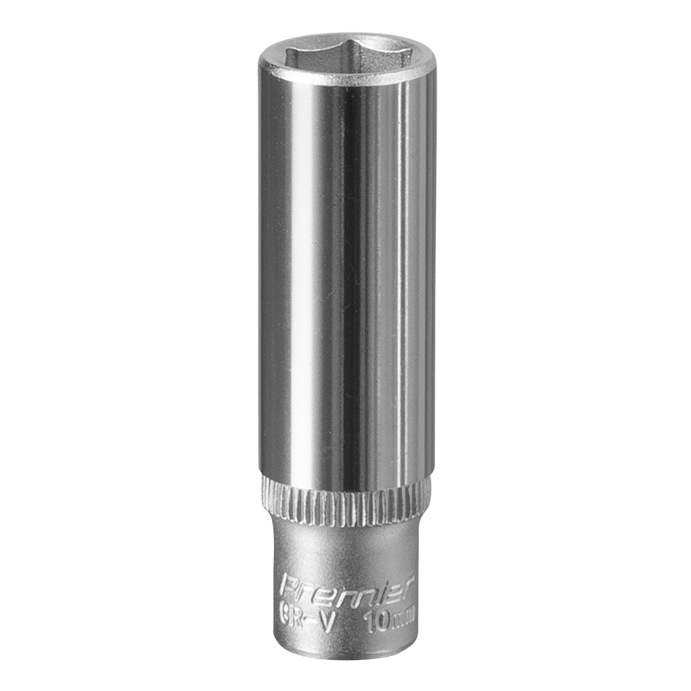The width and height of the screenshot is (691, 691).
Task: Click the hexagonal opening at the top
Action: pyautogui.click(x=347, y=54)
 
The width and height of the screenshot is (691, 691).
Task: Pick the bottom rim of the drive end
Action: pyautogui.click(x=345, y=655)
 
